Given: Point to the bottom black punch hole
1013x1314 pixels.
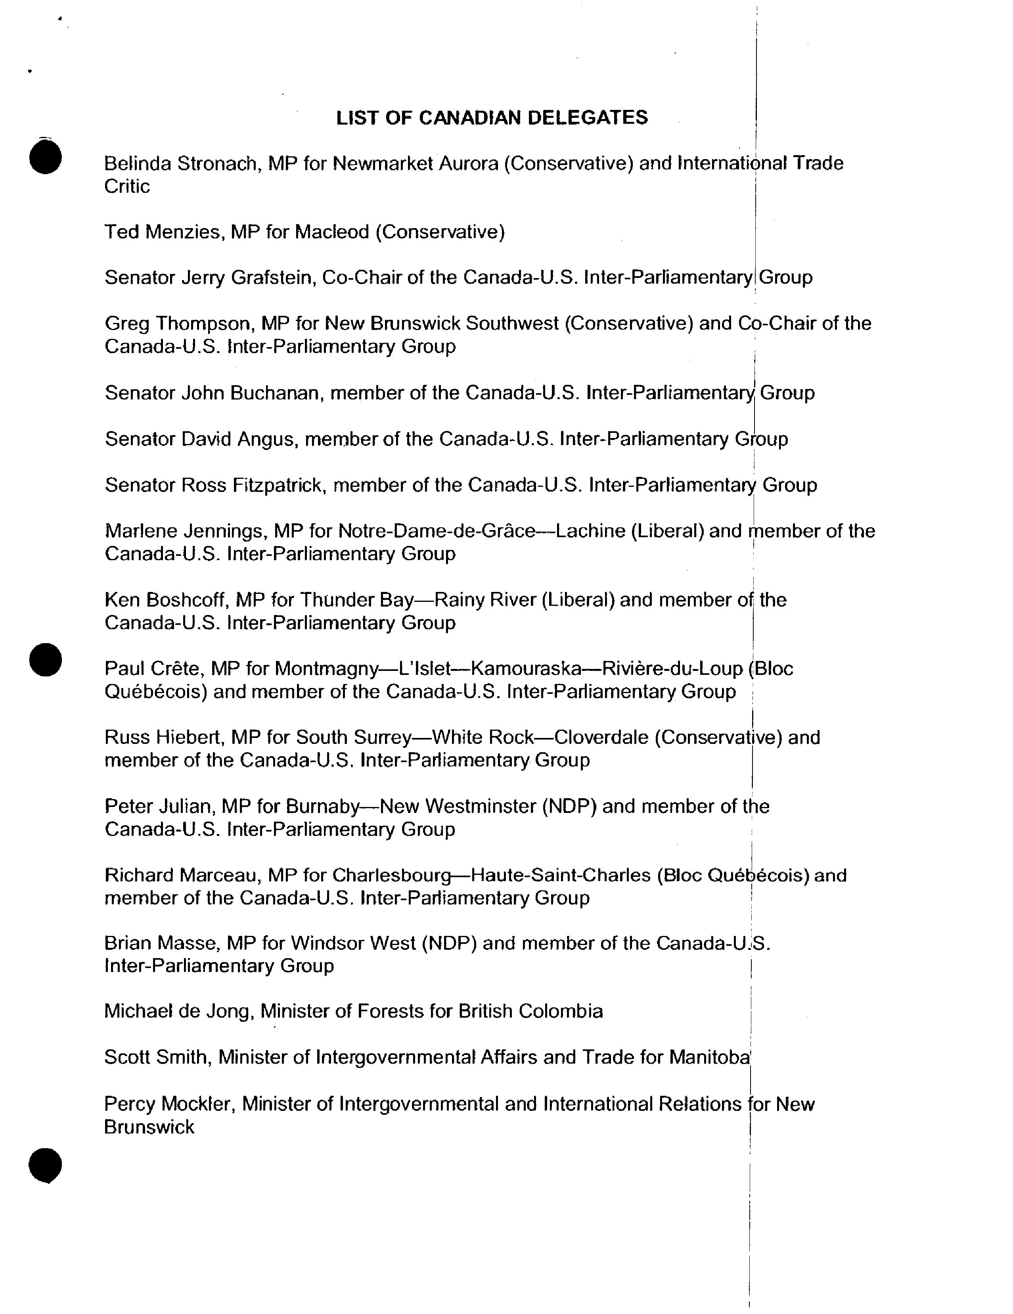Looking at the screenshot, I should (45, 1165).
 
